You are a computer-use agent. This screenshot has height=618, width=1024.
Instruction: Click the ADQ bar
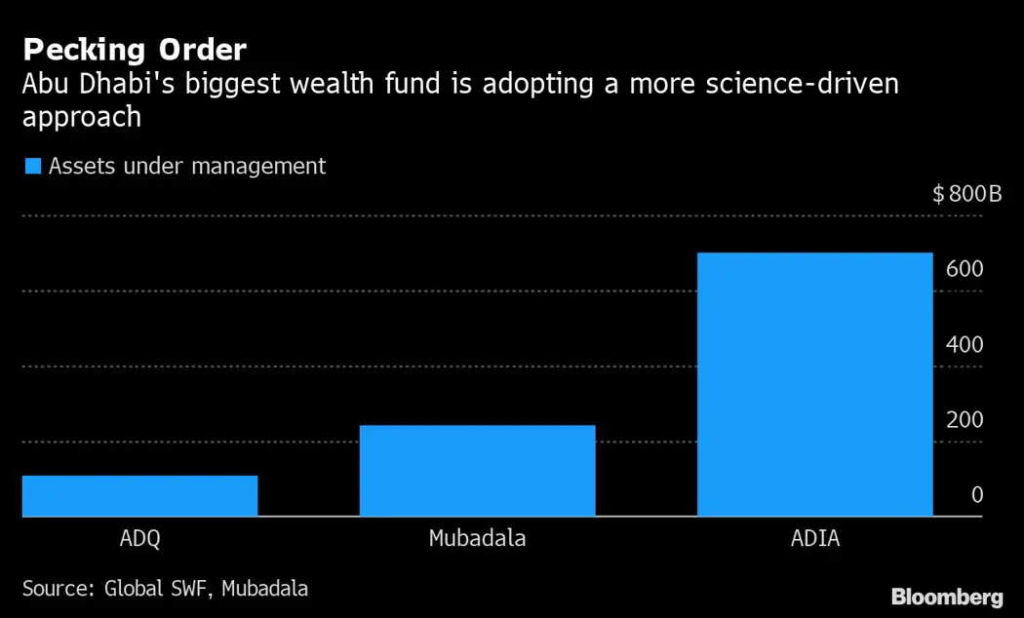click(139, 495)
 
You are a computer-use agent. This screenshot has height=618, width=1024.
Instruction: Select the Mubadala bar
click(477, 470)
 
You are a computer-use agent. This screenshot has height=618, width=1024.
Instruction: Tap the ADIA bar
click(814, 384)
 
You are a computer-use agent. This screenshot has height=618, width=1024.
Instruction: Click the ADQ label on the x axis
click(139, 538)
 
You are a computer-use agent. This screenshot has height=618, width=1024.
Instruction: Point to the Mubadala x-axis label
click(477, 538)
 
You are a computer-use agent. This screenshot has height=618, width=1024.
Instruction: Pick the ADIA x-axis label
click(814, 538)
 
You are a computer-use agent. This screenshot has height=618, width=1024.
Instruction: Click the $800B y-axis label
click(966, 194)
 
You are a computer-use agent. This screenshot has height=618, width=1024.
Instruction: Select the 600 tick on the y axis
click(964, 269)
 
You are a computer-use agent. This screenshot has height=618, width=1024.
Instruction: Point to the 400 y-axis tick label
click(964, 345)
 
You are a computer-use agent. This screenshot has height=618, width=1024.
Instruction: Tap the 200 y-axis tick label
click(964, 420)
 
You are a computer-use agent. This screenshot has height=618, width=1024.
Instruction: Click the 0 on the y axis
click(976, 495)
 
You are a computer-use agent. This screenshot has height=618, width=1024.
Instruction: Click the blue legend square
click(32, 167)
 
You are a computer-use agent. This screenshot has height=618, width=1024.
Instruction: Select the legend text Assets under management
click(187, 167)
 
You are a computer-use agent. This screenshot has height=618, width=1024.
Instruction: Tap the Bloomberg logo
click(947, 596)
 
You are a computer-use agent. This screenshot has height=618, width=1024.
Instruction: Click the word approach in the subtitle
click(82, 118)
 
